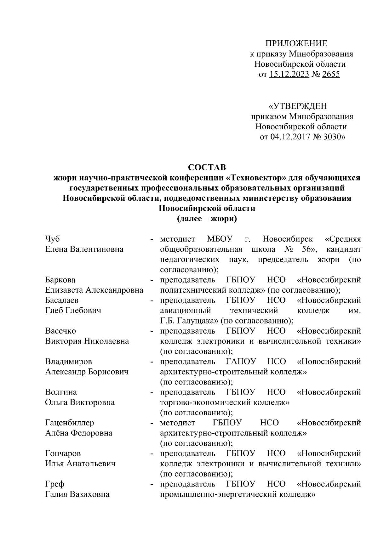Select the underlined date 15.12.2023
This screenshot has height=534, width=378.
click(x=289, y=75)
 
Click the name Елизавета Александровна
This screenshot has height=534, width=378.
click(x=94, y=290)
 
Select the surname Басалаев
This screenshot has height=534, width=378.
click(x=62, y=300)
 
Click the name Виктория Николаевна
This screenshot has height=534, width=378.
click(x=87, y=341)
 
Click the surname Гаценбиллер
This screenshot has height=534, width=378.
click(x=70, y=423)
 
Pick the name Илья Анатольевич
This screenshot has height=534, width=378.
click(x=80, y=464)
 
